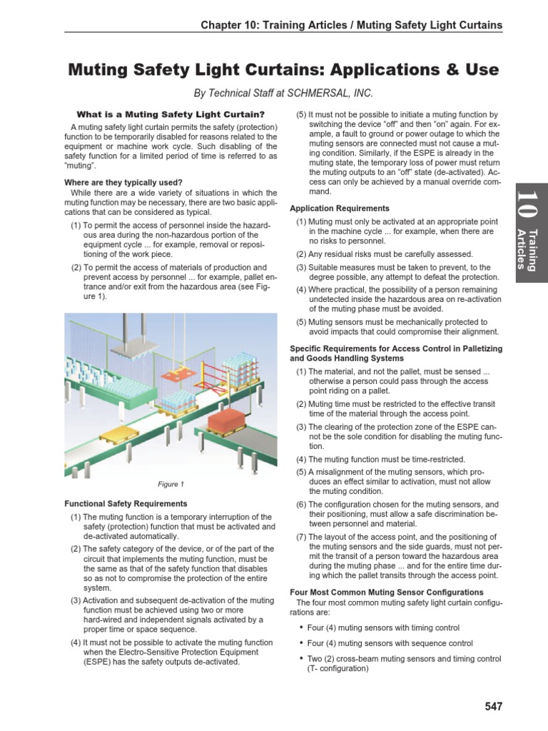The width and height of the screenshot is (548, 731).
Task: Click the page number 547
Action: [492, 707]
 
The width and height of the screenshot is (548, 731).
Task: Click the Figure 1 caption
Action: [171, 483]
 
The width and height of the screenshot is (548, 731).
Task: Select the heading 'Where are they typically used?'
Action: [123, 182]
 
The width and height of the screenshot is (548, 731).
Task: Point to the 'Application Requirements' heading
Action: [340, 208]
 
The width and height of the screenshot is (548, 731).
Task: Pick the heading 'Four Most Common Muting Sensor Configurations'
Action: [386, 593]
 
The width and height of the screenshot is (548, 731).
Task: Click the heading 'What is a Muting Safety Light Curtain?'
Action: [171, 114]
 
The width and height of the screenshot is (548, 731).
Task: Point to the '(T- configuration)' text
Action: [332, 670]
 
